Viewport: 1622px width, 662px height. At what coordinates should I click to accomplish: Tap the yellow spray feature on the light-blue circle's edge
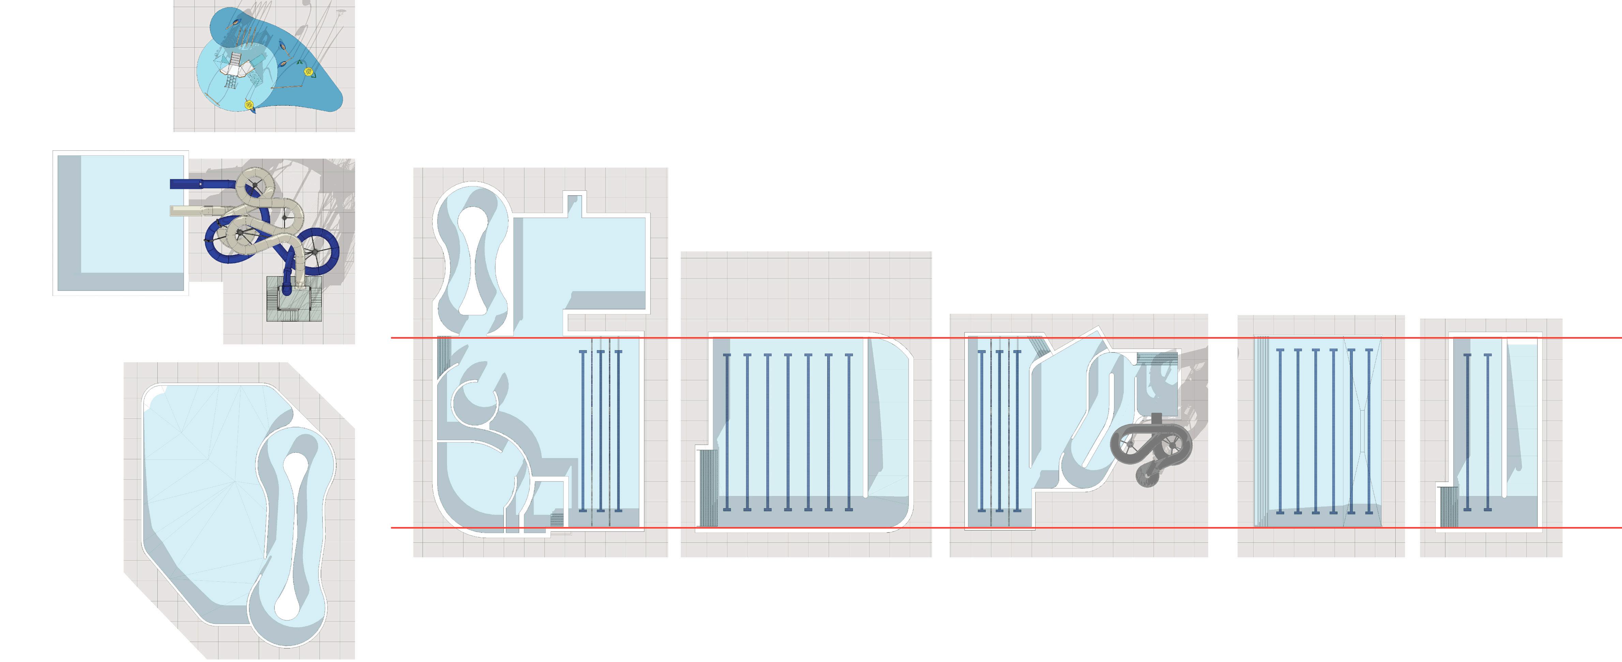[x=249, y=105]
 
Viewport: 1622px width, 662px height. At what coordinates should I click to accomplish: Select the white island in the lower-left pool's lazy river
[x=294, y=536]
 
